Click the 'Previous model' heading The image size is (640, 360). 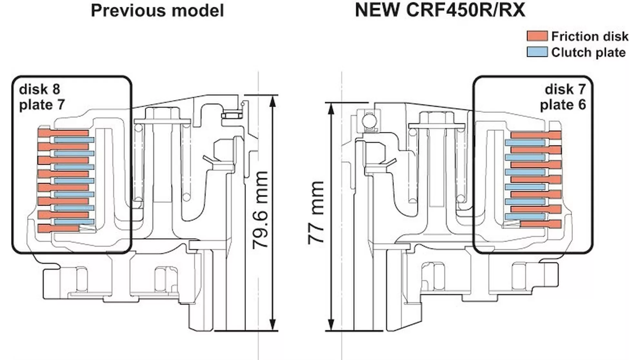157,10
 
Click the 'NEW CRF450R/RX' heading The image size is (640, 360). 440,10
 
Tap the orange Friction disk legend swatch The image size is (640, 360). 537,36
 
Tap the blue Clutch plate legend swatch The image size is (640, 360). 537,52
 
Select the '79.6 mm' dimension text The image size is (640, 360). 260,210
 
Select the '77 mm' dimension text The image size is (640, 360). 315,213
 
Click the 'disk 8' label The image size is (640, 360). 39,89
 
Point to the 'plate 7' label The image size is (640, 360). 42,105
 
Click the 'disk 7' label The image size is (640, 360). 565,89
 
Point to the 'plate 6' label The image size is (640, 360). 563,105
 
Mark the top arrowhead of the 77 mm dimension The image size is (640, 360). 331,107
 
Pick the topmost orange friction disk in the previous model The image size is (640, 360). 63,133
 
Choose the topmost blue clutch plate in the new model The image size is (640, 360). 525,143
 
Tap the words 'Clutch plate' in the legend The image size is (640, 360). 588,52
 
